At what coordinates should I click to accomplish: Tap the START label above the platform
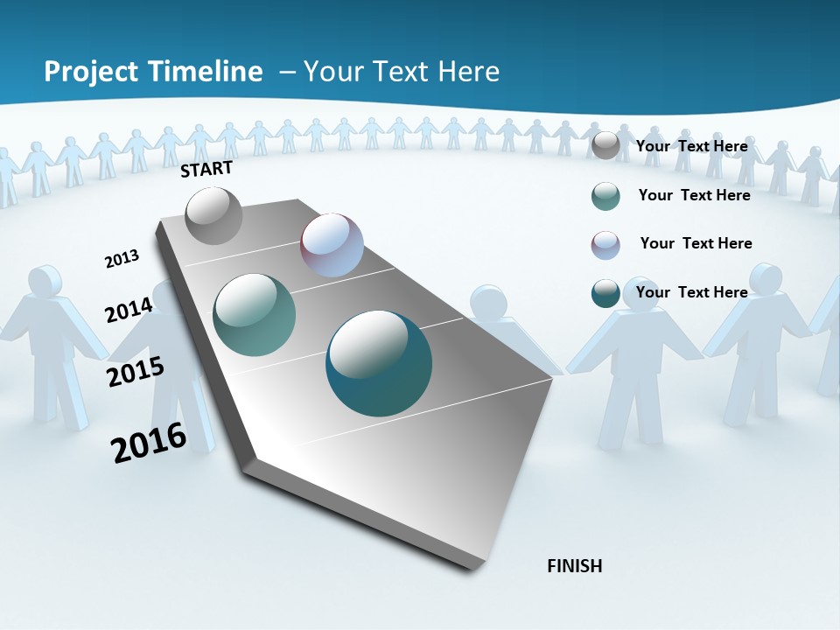pyautogui.click(x=206, y=169)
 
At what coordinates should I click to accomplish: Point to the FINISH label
pyautogui.click(x=574, y=566)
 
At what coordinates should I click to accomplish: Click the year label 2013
pyautogui.click(x=122, y=259)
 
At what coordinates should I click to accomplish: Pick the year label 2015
pyautogui.click(x=136, y=372)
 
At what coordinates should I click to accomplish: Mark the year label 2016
pyautogui.click(x=149, y=443)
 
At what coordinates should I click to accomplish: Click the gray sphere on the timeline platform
pyautogui.click(x=214, y=215)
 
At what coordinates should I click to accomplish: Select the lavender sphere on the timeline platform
pyautogui.click(x=332, y=245)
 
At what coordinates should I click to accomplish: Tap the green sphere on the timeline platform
pyautogui.click(x=254, y=315)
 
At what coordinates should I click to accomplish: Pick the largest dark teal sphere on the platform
pyautogui.click(x=379, y=363)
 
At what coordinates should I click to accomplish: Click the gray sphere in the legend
pyautogui.click(x=605, y=146)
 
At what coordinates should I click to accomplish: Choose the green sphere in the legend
pyautogui.click(x=605, y=196)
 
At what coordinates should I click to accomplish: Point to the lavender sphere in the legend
pyautogui.click(x=605, y=245)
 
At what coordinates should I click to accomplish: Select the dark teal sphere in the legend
pyautogui.click(x=605, y=293)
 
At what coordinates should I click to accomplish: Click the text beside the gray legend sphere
pyautogui.click(x=691, y=146)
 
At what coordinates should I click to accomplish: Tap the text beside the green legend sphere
pyautogui.click(x=694, y=195)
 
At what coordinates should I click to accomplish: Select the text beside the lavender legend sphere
pyautogui.click(x=696, y=243)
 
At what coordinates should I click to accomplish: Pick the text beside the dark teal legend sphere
pyautogui.click(x=691, y=292)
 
